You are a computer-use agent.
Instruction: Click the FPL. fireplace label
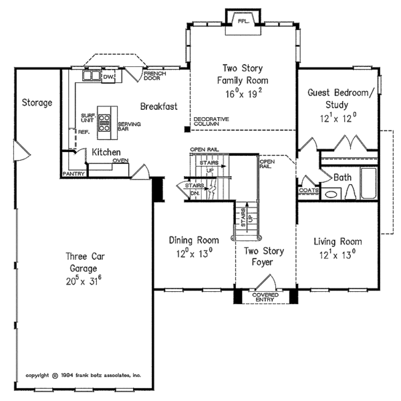tap(243, 21)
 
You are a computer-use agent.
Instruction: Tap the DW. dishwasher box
tap(108, 76)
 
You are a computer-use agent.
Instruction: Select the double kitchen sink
tap(91, 76)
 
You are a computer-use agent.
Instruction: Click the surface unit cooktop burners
tap(104, 123)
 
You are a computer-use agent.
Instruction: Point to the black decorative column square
tap(187, 129)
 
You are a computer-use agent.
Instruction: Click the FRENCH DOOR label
tap(155, 76)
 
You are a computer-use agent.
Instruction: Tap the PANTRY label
tap(74, 174)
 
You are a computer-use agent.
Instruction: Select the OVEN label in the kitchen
tap(121, 161)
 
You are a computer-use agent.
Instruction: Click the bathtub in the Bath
tap(368, 183)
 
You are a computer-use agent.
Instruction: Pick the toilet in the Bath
tap(351, 192)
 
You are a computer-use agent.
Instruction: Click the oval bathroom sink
tap(331, 195)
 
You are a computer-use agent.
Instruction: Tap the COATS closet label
tap(309, 190)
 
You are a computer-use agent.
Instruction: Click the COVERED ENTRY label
tap(265, 297)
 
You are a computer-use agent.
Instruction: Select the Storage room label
tap(37, 102)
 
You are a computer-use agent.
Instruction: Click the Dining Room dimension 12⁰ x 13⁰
tap(194, 253)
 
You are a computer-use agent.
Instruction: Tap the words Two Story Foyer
tap(263, 256)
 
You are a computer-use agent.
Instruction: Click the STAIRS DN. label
tap(194, 189)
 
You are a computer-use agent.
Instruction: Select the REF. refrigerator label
tap(84, 132)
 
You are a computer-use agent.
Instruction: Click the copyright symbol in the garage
tap(55, 376)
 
